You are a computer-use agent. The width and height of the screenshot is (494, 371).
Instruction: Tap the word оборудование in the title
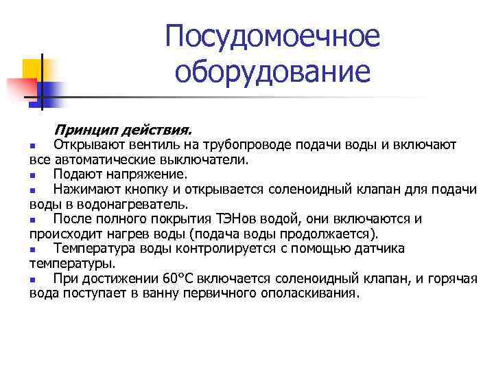[x=272, y=71]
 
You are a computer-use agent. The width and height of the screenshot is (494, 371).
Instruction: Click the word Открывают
[x=86, y=145]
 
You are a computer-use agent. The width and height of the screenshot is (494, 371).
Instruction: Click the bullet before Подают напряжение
[x=33, y=175]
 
